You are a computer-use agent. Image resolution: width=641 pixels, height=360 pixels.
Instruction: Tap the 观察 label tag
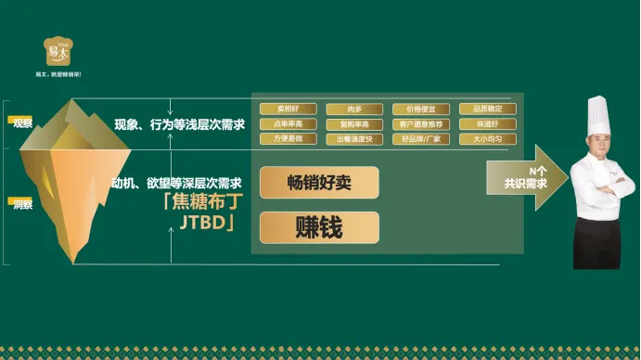tap(21, 122)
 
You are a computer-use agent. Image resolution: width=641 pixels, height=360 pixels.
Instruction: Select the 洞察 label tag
tap(21, 201)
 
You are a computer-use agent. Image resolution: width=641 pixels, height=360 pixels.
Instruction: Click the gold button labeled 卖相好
tap(288, 109)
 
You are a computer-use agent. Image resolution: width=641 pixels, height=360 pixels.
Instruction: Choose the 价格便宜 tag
tap(421, 109)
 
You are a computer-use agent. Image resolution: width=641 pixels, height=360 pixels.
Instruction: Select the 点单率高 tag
tap(288, 124)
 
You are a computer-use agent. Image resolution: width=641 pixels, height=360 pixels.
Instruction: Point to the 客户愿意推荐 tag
tap(421, 124)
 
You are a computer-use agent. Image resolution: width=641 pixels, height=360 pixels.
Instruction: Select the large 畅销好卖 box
tap(319, 182)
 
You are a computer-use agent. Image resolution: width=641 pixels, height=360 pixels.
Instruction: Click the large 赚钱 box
tap(319, 227)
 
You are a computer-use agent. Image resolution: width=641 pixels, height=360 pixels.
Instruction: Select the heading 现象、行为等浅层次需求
tap(179, 124)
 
